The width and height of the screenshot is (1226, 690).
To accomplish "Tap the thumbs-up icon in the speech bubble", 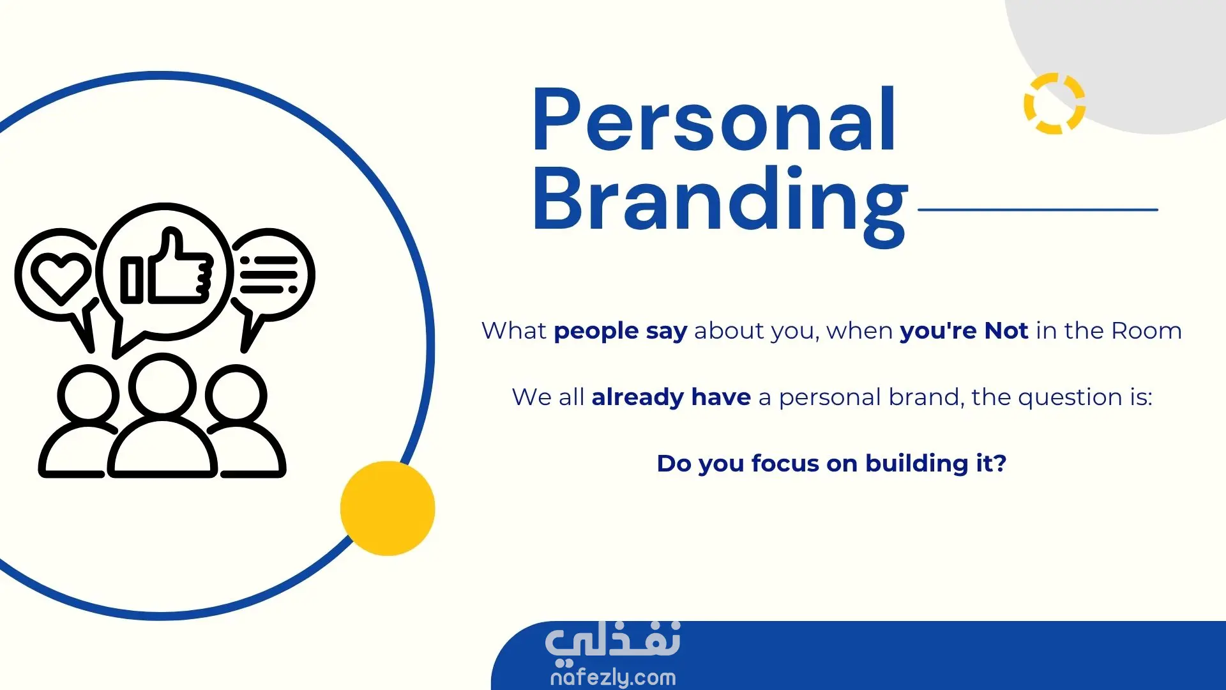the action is tap(167, 267).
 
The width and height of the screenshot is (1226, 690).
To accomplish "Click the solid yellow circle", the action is tap(388, 509).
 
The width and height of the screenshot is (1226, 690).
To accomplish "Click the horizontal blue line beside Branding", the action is tap(1038, 209).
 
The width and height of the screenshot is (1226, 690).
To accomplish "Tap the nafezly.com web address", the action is tap(613, 677).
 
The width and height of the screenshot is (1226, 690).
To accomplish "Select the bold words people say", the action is tap(620, 332).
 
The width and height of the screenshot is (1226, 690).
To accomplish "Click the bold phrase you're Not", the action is tap(964, 331).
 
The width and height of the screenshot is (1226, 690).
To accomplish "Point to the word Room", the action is tap(1147, 331).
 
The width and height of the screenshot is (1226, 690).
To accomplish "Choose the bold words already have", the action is tap(671, 397).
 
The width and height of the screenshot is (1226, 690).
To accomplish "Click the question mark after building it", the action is tap(1000, 463).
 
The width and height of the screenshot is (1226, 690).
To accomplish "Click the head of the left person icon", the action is tap(88, 395).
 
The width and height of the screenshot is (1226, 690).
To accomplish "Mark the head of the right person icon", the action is tap(236, 395).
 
